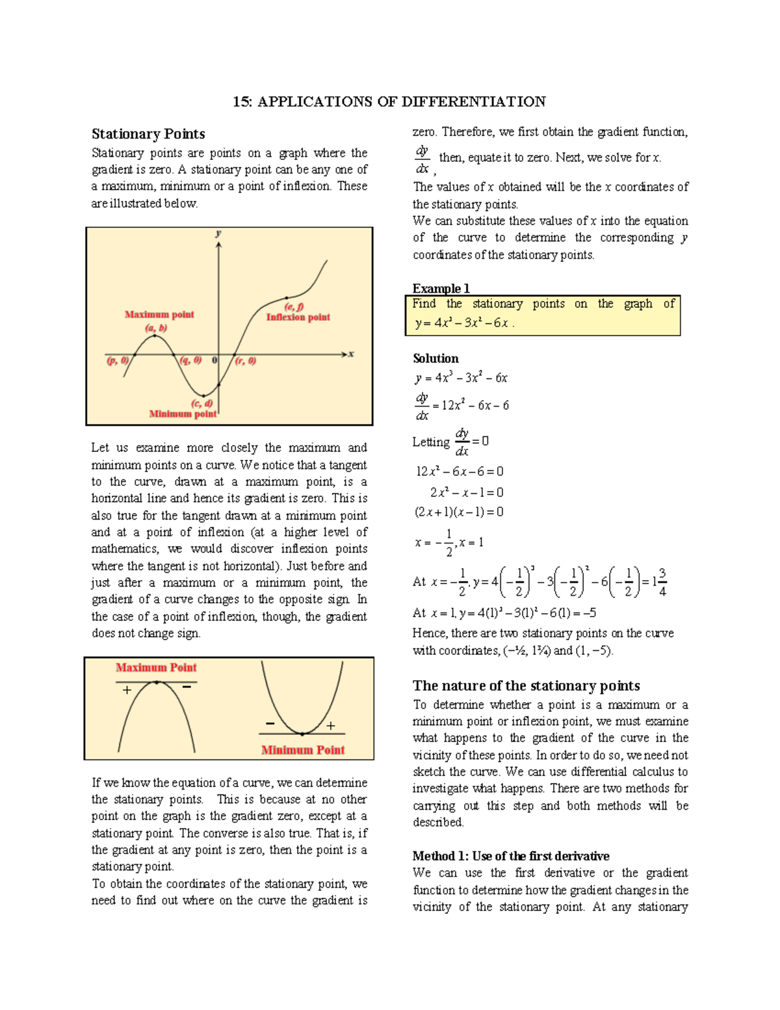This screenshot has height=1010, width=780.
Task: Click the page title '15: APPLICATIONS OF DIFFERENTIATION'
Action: (389, 101)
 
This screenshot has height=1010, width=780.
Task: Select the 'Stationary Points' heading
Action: (148, 134)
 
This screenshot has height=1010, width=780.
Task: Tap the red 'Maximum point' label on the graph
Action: (159, 314)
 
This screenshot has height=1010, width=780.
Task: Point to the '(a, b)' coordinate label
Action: (156, 328)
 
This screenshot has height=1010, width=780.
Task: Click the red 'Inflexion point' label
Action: (298, 317)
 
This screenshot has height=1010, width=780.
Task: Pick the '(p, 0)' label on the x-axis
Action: (118, 360)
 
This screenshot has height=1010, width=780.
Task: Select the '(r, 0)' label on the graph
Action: (245, 360)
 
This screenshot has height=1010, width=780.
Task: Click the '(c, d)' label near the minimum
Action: (201, 403)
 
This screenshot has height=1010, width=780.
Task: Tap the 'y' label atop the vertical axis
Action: (218, 233)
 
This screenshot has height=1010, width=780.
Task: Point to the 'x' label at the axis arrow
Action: (351, 354)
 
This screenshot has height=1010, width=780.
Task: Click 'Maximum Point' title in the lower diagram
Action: (156, 667)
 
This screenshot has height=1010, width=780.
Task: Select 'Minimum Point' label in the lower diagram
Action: (303, 750)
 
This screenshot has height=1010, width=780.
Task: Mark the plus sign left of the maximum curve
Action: (127, 690)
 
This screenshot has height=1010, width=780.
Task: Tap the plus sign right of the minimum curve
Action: (331, 726)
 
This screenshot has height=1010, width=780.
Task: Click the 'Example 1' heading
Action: (441, 288)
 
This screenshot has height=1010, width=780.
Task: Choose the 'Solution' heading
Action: (435, 358)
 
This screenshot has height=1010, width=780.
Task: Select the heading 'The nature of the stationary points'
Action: (526, 685)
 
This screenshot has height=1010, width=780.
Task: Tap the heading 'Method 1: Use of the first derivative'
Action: (511, 856)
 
